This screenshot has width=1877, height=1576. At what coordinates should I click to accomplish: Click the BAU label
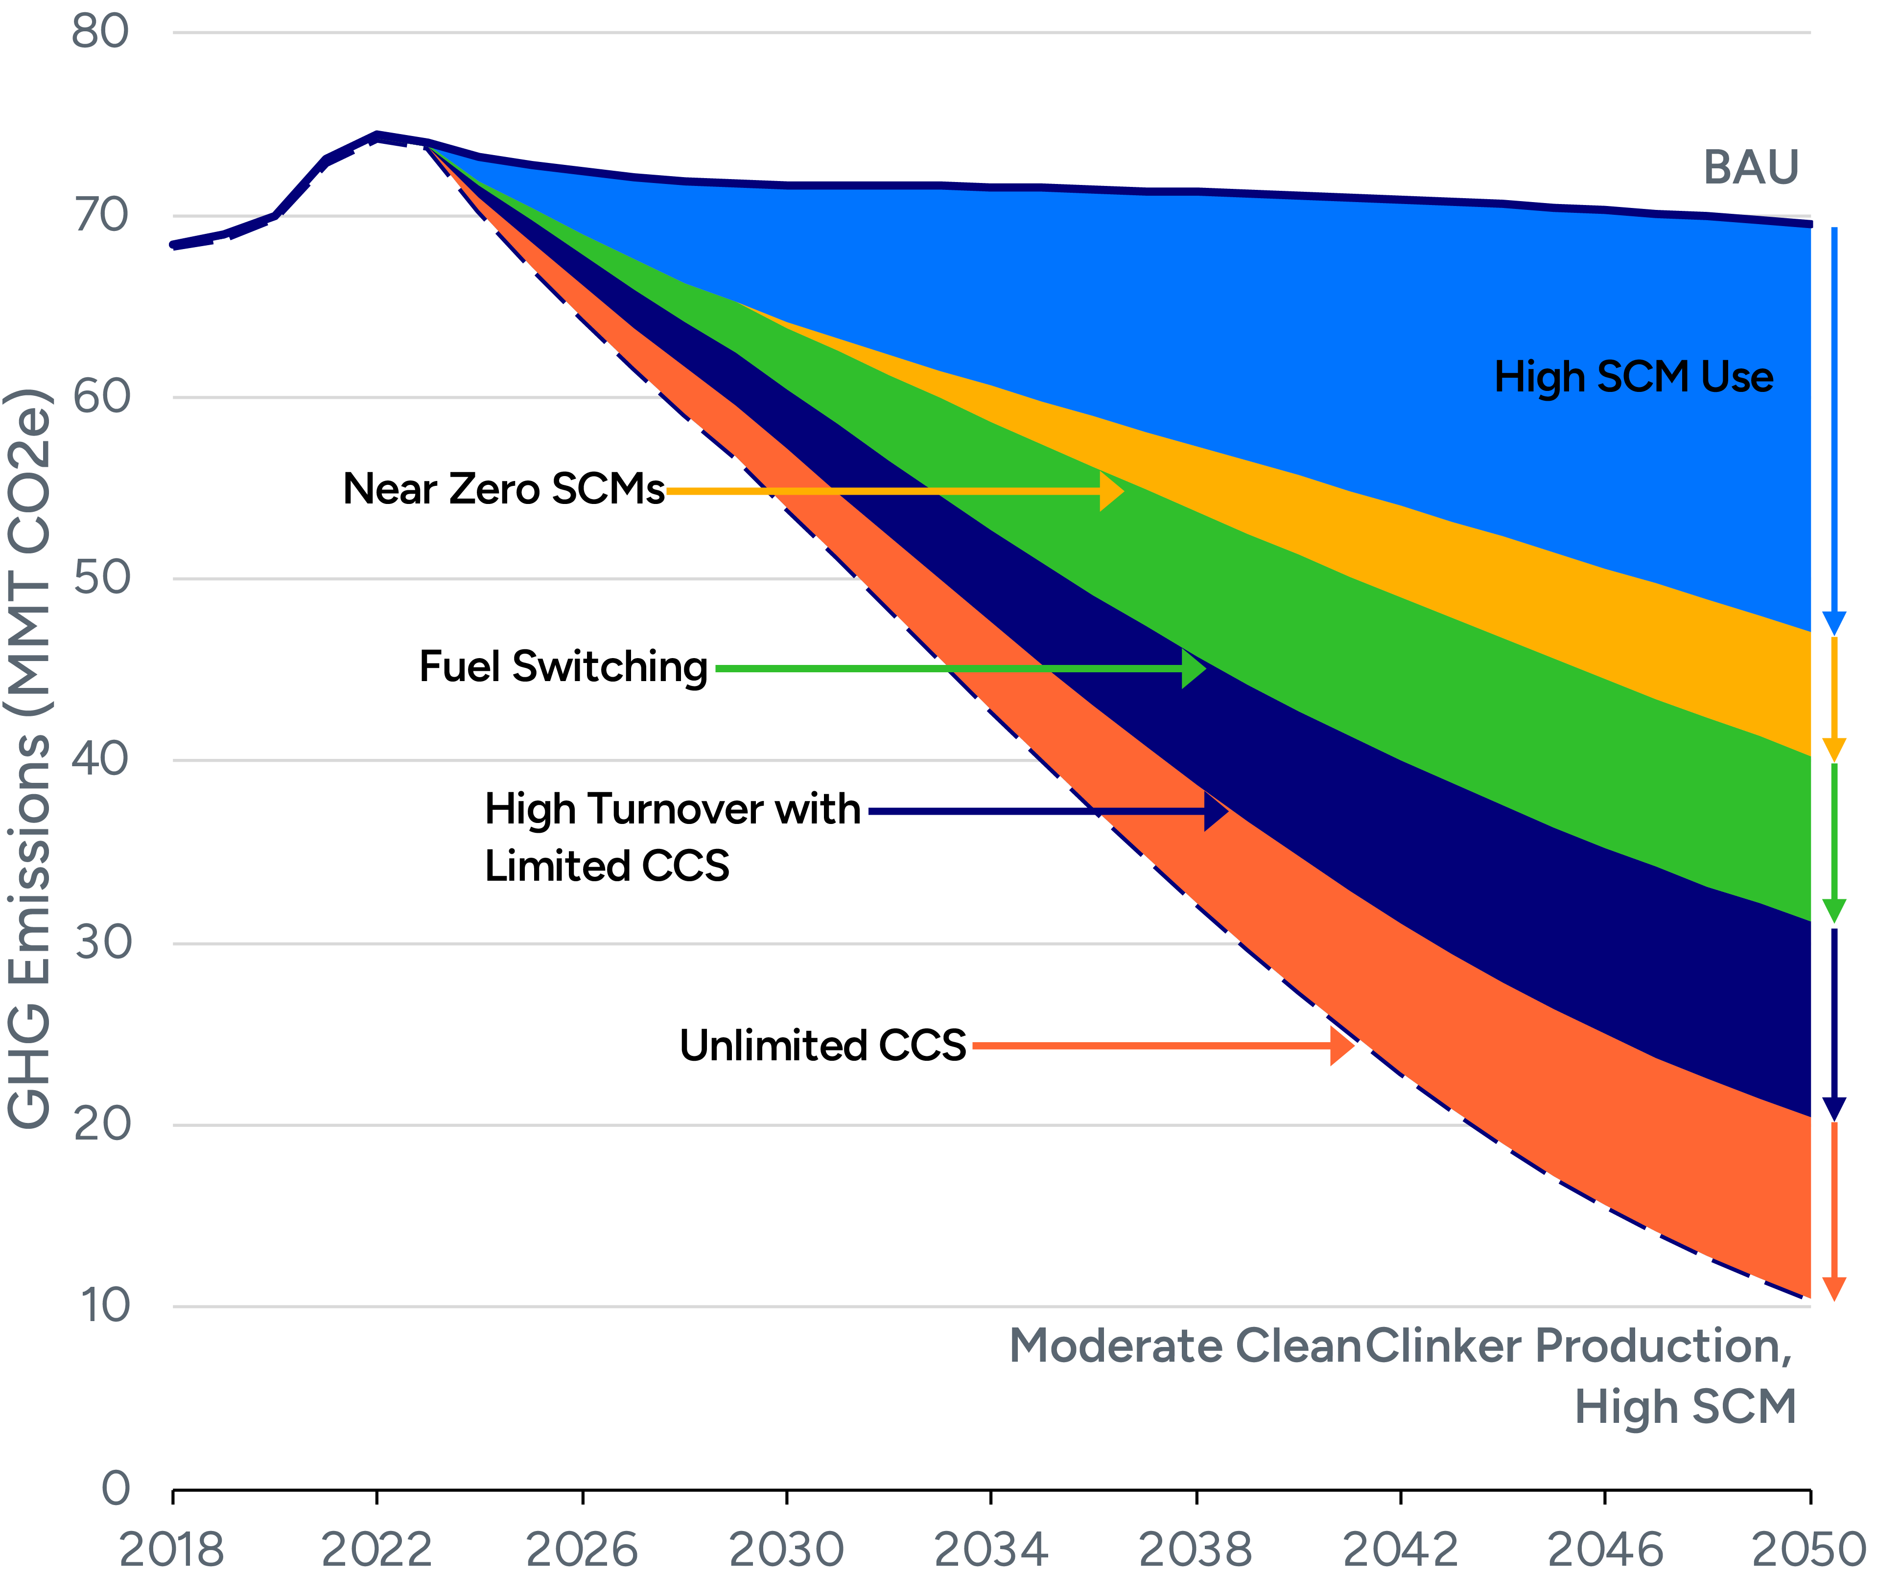pyautogui.click(x=1750, y=168)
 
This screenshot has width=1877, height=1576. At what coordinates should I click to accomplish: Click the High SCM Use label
pyautogui.click(x=1633, y=377)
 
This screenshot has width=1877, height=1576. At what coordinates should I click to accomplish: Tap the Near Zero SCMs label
pyautogui.click(x=503, y=490)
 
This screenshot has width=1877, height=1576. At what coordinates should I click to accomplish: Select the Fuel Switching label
pyautogui.click(x=563, y=667)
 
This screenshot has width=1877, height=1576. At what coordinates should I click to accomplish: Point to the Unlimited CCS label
pyautogui.click(x=822, y=1045)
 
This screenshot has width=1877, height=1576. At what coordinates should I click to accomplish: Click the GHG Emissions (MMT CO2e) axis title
pyautogui.click(x=28, y=759)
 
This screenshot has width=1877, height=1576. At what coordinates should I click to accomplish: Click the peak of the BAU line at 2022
pyautogui.click(x=377, y=136)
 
